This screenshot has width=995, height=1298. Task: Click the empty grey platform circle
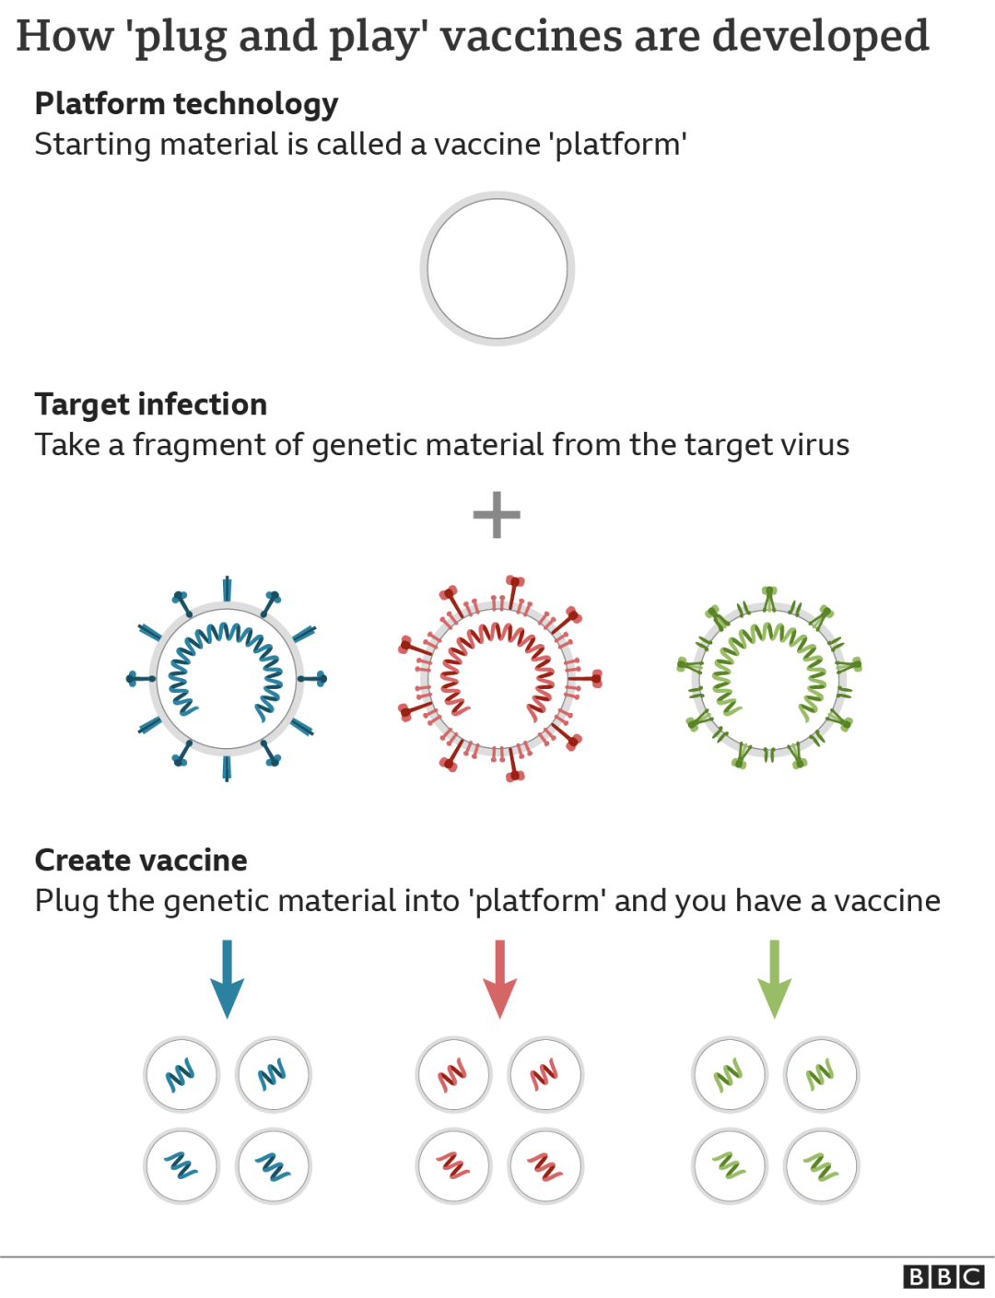point(497,268)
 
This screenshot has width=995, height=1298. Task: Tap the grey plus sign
point(497,514)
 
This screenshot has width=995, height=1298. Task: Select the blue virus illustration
point(227,679)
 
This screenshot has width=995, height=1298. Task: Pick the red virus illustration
point(499,679)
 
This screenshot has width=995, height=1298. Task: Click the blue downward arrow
point(227,978)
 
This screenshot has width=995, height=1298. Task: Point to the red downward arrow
point(499,978)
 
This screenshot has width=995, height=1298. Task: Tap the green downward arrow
point(774,978)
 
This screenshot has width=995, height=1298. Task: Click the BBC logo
point(943,1276)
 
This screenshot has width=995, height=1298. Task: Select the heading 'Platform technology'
point(186,104)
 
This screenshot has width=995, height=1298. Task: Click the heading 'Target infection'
point(151,404)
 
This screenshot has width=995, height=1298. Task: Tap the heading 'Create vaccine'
point(141,860)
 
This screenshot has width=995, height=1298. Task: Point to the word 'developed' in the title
point(820,37)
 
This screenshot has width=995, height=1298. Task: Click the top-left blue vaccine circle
point(181,1074)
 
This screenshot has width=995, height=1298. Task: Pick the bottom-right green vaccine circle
point(821,1166)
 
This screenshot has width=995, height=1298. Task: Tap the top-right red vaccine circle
point(545,1074)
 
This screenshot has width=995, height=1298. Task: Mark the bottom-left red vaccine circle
point(453,1166)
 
